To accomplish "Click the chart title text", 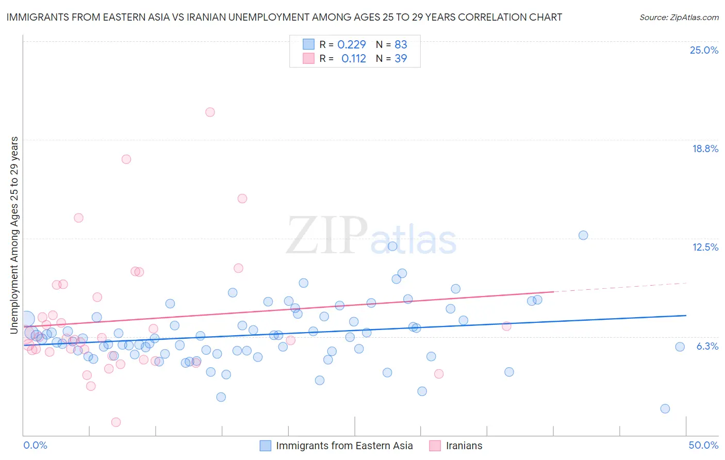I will pos(284,17).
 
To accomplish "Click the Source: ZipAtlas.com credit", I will pos(679,17).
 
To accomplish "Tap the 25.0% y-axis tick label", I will pos(704,50).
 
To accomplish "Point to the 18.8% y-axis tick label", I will pos(705,149).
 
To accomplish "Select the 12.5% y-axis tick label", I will pos(705,247).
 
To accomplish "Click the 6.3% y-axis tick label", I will pos(707,346).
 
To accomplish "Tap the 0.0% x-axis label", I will pos(35,445).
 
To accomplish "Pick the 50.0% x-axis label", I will pos(703,445).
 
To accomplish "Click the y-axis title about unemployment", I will pos(14,235).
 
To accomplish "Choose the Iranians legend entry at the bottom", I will pos(464,446).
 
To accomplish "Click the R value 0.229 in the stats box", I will pos(351,45).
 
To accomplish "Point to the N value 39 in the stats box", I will pos(401,59).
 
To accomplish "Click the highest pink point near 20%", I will pos(210,112).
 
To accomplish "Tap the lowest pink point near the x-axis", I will pos(116,422).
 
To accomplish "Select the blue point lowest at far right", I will pos(665,408).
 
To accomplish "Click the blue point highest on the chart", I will pos(583,235).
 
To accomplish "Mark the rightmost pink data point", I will pos(506,326).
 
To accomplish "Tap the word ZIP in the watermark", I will pos(326,235).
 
